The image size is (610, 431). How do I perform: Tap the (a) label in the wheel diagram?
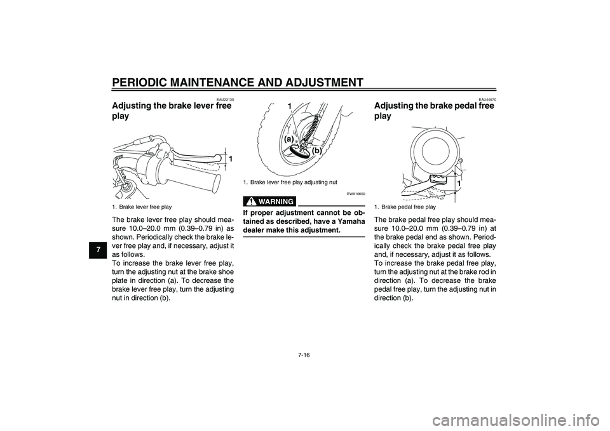[289, 139]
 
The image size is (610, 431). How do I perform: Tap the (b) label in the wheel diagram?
[316, 151]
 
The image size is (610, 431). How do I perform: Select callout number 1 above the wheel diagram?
[288, 106]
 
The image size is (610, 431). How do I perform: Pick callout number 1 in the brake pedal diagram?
[457, 183]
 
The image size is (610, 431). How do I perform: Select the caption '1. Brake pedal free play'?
[405, 207]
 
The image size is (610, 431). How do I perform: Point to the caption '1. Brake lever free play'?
[141, 207]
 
